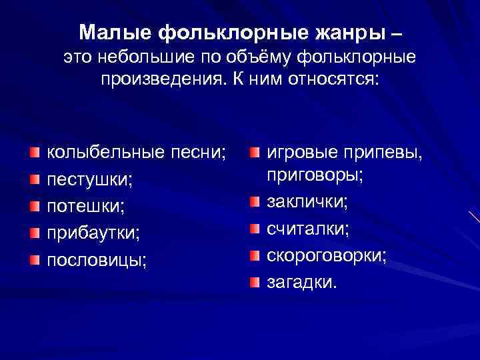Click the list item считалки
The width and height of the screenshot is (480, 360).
tap(301, 229)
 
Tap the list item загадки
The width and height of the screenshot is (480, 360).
tap(302, 283)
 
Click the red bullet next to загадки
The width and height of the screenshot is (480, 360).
tap(255, 283)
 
